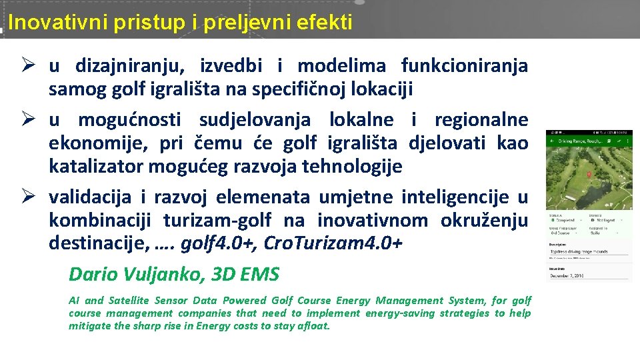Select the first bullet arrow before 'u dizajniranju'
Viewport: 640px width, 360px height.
coord(28,65)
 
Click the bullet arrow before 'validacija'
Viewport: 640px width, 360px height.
coord(28,197)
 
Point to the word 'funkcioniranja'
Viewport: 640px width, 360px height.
coord(464,66)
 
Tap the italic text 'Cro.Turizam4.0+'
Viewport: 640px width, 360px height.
coord(333,243)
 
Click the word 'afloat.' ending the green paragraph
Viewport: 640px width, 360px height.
coord(312,326)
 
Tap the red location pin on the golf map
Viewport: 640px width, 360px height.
coord(589,175)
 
